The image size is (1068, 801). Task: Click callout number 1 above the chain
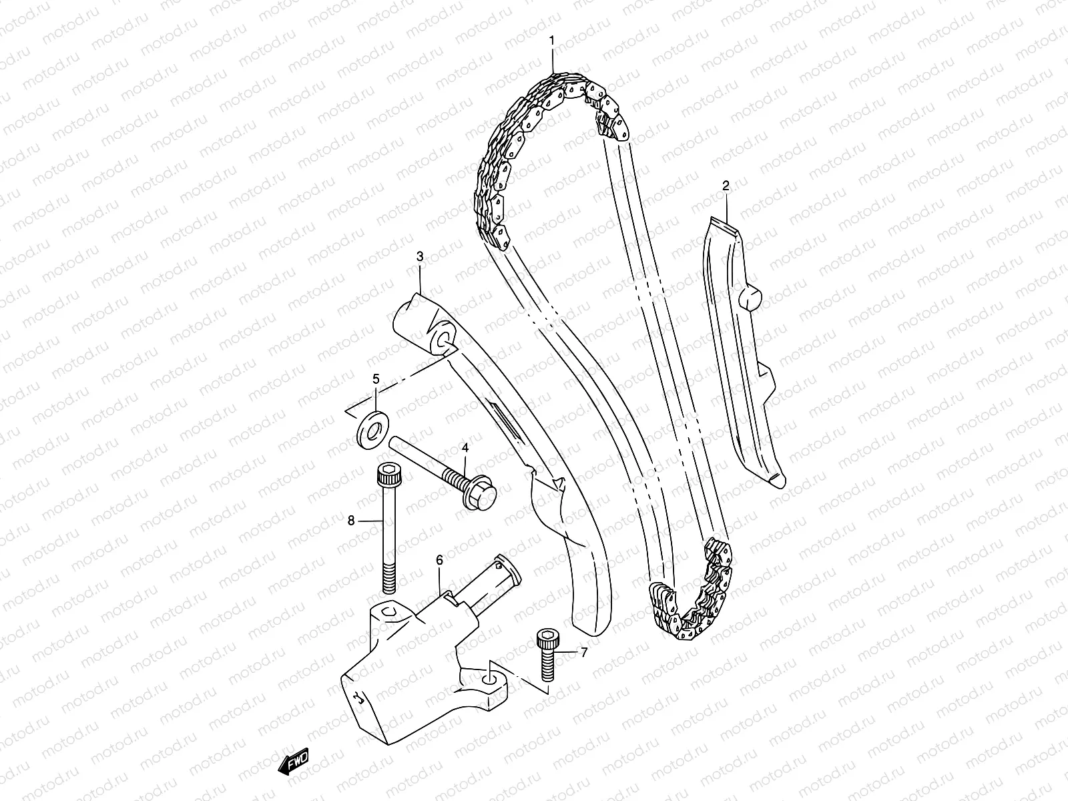coord(552,41)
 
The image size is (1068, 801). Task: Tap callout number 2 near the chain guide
coord(726,186)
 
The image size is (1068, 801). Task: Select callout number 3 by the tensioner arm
coord(420,256)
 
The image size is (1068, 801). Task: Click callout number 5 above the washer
coord(376,379)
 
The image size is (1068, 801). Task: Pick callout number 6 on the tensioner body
coord(439,560)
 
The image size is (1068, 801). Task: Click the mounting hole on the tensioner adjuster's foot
coord(491,678)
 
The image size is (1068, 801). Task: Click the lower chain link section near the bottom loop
coord(694,601)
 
